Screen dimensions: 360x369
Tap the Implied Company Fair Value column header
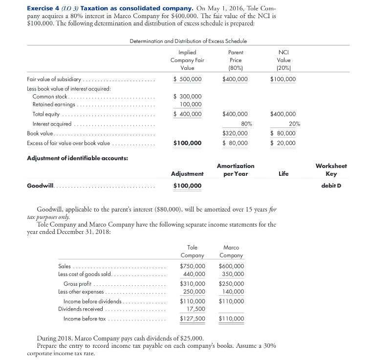[187, 60]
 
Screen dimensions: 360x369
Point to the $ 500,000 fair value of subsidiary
[187, 79]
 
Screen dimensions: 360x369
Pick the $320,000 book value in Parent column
[235, 133]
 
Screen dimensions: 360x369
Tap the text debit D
[333, 186]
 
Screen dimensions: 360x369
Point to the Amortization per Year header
[235, 170]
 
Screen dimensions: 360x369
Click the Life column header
[283, 173]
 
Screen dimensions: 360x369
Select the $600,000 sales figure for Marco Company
[231, 266]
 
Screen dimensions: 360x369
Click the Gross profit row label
[78, 284]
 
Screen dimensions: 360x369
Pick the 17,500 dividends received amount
[196, 309]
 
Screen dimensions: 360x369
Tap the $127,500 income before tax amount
[193, 319]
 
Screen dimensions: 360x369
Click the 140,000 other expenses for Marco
[233, 292]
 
